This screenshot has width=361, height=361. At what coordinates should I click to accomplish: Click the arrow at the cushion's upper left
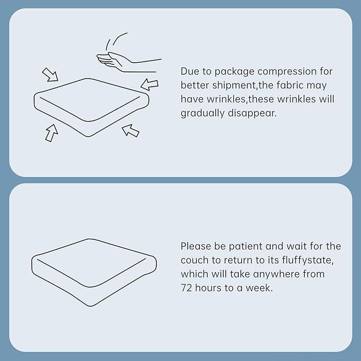[x=50, y=74]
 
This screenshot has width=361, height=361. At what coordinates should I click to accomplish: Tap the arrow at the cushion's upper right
[x=149, y=84]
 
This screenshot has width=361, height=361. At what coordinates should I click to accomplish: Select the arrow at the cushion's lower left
[x=52, y=133]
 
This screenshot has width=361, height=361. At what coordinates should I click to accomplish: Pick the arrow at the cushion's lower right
[x=131, y=130]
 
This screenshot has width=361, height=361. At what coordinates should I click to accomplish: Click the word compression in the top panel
[x=287, y=72]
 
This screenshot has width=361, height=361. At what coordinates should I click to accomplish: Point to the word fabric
[x=290, y=85]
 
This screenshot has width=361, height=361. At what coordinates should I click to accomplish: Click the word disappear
[x=252, y=113]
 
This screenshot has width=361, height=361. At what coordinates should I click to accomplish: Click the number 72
[x=186, y=288]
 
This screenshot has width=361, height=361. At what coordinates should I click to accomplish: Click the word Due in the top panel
[x=190, y=71]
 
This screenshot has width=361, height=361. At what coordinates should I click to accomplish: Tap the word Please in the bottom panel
[x=196, y=246]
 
